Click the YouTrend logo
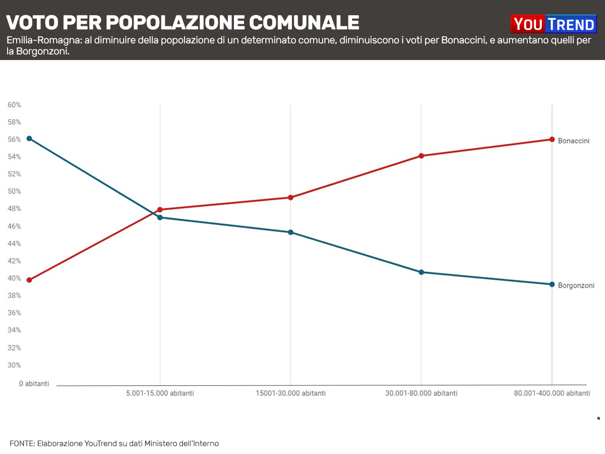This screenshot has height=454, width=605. click(553, 24)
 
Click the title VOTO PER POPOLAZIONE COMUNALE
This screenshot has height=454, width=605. click(183, 22)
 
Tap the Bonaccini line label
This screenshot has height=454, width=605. click(573, 141)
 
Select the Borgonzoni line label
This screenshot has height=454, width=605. click(576, 285)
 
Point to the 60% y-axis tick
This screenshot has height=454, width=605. click(14, 105)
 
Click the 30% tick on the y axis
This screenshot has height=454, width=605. click(14, 365)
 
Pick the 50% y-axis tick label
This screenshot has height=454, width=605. click(14, 192)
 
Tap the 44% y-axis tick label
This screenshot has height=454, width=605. click(14, 244)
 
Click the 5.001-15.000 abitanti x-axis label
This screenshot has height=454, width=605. click(160, 393)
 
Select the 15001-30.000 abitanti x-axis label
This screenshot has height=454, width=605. click(290, 393)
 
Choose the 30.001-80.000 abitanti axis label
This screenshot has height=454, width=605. click(421, 393)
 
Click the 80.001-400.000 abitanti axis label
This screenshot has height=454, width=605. click(552, 393)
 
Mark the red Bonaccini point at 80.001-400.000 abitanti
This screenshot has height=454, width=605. click(552, 139)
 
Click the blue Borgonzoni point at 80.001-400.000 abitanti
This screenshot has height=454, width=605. click(552, 284)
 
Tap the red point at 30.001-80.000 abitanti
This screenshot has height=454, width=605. click(421, 156)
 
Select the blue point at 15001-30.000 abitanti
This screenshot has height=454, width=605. click(290, 232)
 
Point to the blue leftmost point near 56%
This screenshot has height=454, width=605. click(29, 138)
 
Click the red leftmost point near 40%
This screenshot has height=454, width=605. click(29, 280)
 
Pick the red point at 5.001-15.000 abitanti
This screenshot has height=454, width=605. click(160, 209)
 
